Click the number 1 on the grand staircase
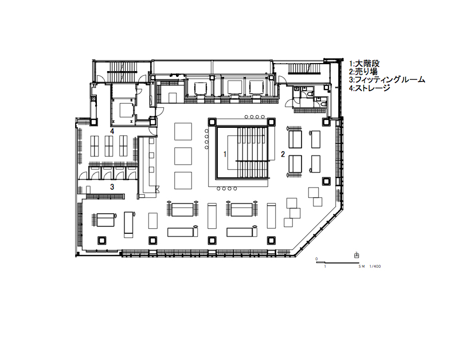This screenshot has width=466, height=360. pos(225,154)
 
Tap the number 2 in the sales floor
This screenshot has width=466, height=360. pos(283,154)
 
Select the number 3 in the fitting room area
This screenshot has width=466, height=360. pos(112,187)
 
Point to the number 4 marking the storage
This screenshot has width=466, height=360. pos(112,131)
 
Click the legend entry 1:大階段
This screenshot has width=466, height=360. pos(365,64)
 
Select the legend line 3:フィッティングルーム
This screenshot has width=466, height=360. pos(387,80)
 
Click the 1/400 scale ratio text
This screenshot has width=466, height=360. pos(375,267)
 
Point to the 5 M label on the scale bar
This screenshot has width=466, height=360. pos(361,267)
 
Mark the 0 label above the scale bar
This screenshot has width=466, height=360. pos(316,259)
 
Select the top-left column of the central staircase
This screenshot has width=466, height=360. pos(212,122)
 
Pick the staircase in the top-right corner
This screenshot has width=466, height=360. pos(304,69)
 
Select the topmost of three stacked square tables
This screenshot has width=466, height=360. pos(183,130)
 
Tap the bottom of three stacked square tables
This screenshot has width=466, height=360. pos(183,179)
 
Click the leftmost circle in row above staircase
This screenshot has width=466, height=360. pos(246,116)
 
